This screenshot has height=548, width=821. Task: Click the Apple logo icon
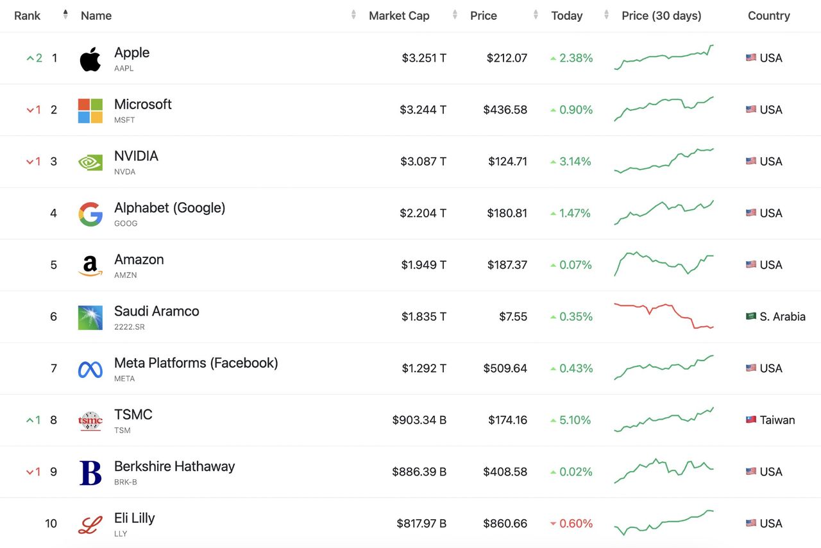pyautogui.click(x=90, y=59)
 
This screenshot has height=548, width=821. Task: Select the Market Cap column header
pyautogui.click(x=399, y=15)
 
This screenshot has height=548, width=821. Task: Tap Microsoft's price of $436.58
pyautogui.click(x=505, y=110)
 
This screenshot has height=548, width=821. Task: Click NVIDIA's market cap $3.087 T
pyautogui.click(x=423, y=161)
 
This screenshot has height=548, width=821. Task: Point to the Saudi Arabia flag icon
pyautogui.click(x=751, y=316)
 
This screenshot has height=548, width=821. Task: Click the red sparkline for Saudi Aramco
pyautogui.click(x=664, y=316)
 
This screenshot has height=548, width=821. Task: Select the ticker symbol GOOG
pyautogui.click(x=126, y=223)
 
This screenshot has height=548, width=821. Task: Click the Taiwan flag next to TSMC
pyautogui.click(x=751, y=420)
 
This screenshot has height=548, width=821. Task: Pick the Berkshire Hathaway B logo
pyautogui.click(x=90, y=472)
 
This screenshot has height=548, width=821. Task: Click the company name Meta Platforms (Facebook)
pyautogui.click(x=196, y=363)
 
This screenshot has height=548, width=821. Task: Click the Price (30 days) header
pyautogui.click(x=661, y=15)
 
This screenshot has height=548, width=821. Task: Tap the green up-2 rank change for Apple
pyautogui.click(x=35, y=58)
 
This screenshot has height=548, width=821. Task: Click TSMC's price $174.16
pyautogui.click(x=507, y=420)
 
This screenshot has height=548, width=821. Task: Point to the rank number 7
pyautogui.click(x=54, y=368)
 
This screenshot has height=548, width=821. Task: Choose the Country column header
pyautogui.click(x=768, y=15)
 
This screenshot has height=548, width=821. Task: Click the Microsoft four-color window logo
pyautogui.click(x=90, y=110)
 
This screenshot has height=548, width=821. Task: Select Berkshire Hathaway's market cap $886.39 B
pyautogui.click(x=419, y=472)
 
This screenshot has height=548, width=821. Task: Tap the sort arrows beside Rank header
pyautogui.click(x=65, y=15)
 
